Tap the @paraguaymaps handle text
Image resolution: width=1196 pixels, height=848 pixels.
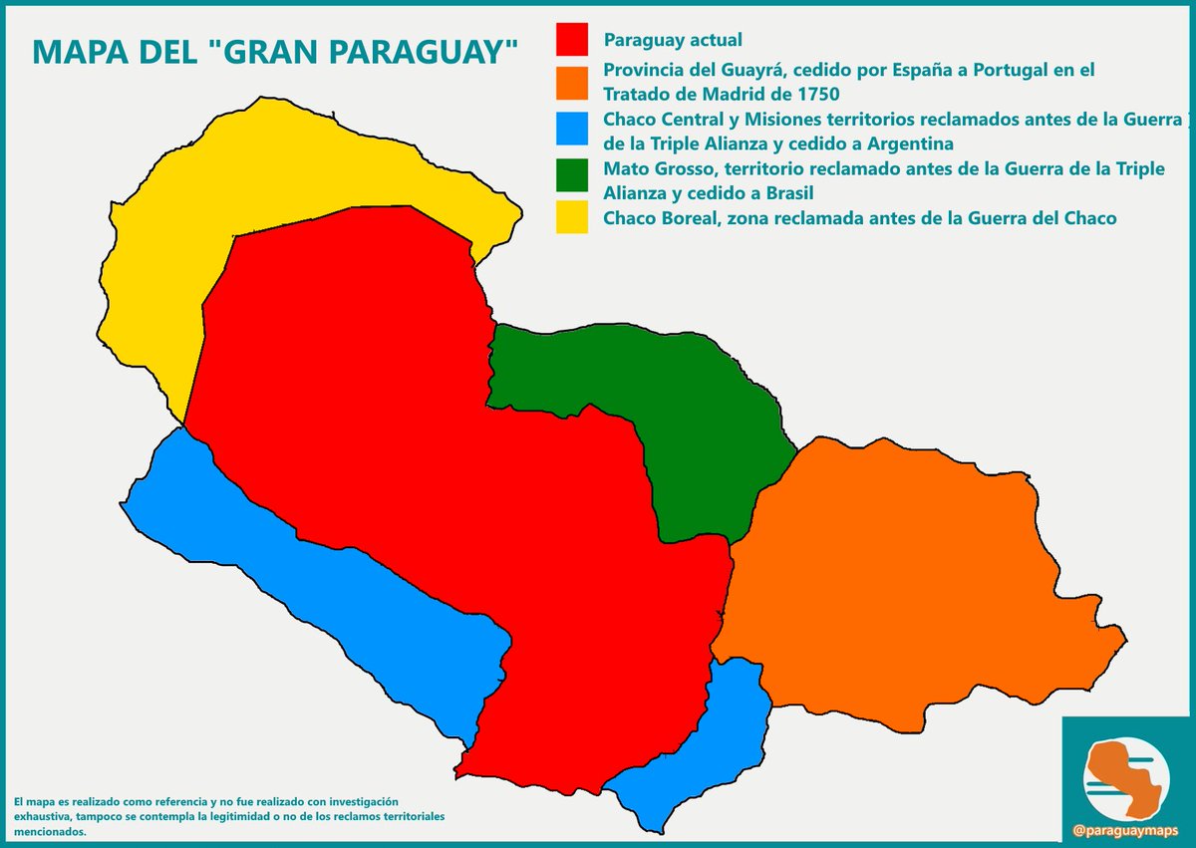1127,828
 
